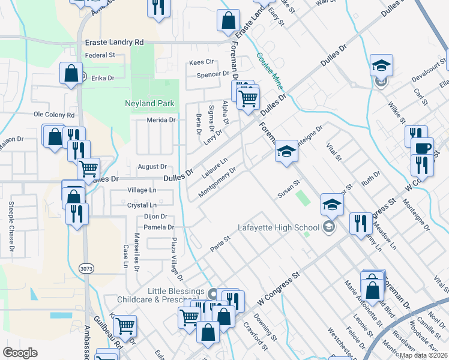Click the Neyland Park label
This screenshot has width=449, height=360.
[x=149, y=103]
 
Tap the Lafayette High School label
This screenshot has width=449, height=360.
[x=279, y=227]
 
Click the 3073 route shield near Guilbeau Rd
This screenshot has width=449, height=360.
[x=86, y=270]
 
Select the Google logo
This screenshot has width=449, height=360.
[x=20, y=353]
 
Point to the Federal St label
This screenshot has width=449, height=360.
[x=100, y=55]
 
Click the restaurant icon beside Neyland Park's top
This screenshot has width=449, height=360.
[x=158, y=7]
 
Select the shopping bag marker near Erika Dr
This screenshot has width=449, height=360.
[x=71, y=73]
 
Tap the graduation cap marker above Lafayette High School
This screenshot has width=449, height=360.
[x=331, y=205]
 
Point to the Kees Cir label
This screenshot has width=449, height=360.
[x=202, y=62]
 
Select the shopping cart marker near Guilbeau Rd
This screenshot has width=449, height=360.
[x=125, y=326]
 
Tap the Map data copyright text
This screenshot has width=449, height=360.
[x=423, y=355]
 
